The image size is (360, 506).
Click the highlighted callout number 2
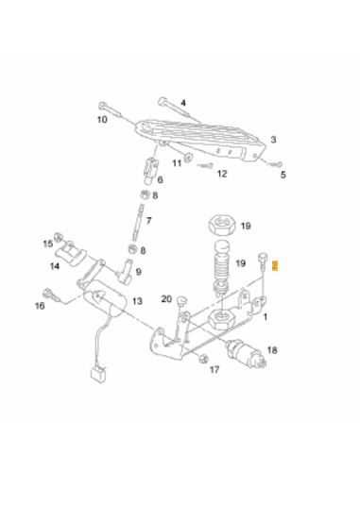coord(274,265)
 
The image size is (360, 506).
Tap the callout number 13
coord(137,301)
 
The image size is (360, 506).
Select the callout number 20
coord(166,299)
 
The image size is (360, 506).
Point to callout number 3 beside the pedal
coord(273,140)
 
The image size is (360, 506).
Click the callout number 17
coord(214,369)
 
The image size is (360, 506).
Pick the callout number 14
coord(55,266)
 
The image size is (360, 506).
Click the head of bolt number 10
coord(102,106)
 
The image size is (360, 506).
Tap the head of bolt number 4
coord(163,101)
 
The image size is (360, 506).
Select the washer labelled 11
coord(188,158)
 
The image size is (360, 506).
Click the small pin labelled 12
coord(205,166)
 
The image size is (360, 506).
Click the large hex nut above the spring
coord(220,224)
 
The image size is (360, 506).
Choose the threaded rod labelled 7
coord(137,223)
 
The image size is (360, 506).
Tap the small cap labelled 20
coord(182,301)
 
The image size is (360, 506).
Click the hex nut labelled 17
coord(203,359)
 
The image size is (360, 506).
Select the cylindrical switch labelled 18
coord(246,353)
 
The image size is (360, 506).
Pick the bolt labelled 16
coord(51,295)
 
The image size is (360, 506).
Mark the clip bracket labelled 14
coord(72,256)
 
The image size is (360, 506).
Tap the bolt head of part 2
coord(261,257)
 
